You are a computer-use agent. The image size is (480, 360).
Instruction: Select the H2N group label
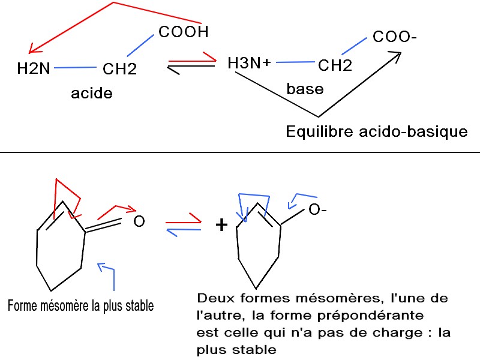click(x=34, y=69)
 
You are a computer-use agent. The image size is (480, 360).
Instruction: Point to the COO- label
click(x=394, y=37)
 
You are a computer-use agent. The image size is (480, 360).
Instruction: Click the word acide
click(x=92, y=94)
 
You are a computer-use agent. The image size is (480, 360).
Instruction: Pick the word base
click(x=305, y=89)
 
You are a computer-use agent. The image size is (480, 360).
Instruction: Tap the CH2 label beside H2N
click(x=119, y=69)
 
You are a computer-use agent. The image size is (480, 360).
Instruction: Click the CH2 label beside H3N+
click(x=335, y=65)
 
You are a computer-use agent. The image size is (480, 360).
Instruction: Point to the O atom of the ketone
click(x=139, y=222)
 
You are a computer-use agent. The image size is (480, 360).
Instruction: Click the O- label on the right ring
click(x=317, y=210)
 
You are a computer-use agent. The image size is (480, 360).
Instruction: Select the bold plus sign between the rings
click(x=222, y=225)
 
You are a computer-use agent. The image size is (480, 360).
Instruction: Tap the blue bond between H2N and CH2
click(x=75, y=67)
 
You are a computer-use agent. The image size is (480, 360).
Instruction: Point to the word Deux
click(x=215, y=298)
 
